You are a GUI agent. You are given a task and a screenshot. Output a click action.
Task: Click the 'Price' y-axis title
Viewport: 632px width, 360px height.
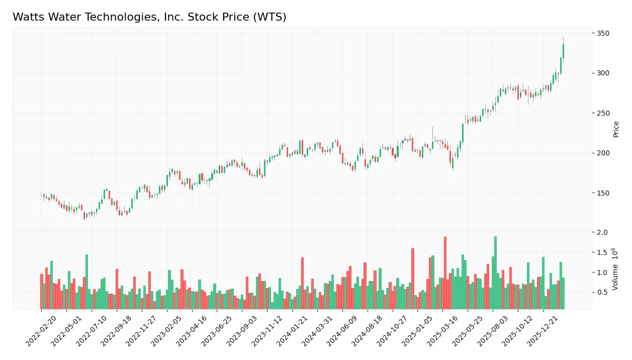pyautogui.click(x=616, y=129)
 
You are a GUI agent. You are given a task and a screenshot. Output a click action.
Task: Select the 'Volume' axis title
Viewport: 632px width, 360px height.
pyautogui.click(x=616, y=275)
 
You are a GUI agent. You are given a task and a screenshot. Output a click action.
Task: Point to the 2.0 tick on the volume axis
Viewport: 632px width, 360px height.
pyautogui.click(x=602, y=232)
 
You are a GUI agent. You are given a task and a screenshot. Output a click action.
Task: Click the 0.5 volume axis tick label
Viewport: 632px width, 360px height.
pyautogui.click(x=602, y=292)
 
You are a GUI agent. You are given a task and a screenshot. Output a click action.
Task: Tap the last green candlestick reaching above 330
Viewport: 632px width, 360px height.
pyautogui.click(x=563, y=51)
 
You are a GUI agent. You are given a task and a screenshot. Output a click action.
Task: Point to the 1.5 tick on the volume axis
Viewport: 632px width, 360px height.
pyautogui.click(x=602, y=252)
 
